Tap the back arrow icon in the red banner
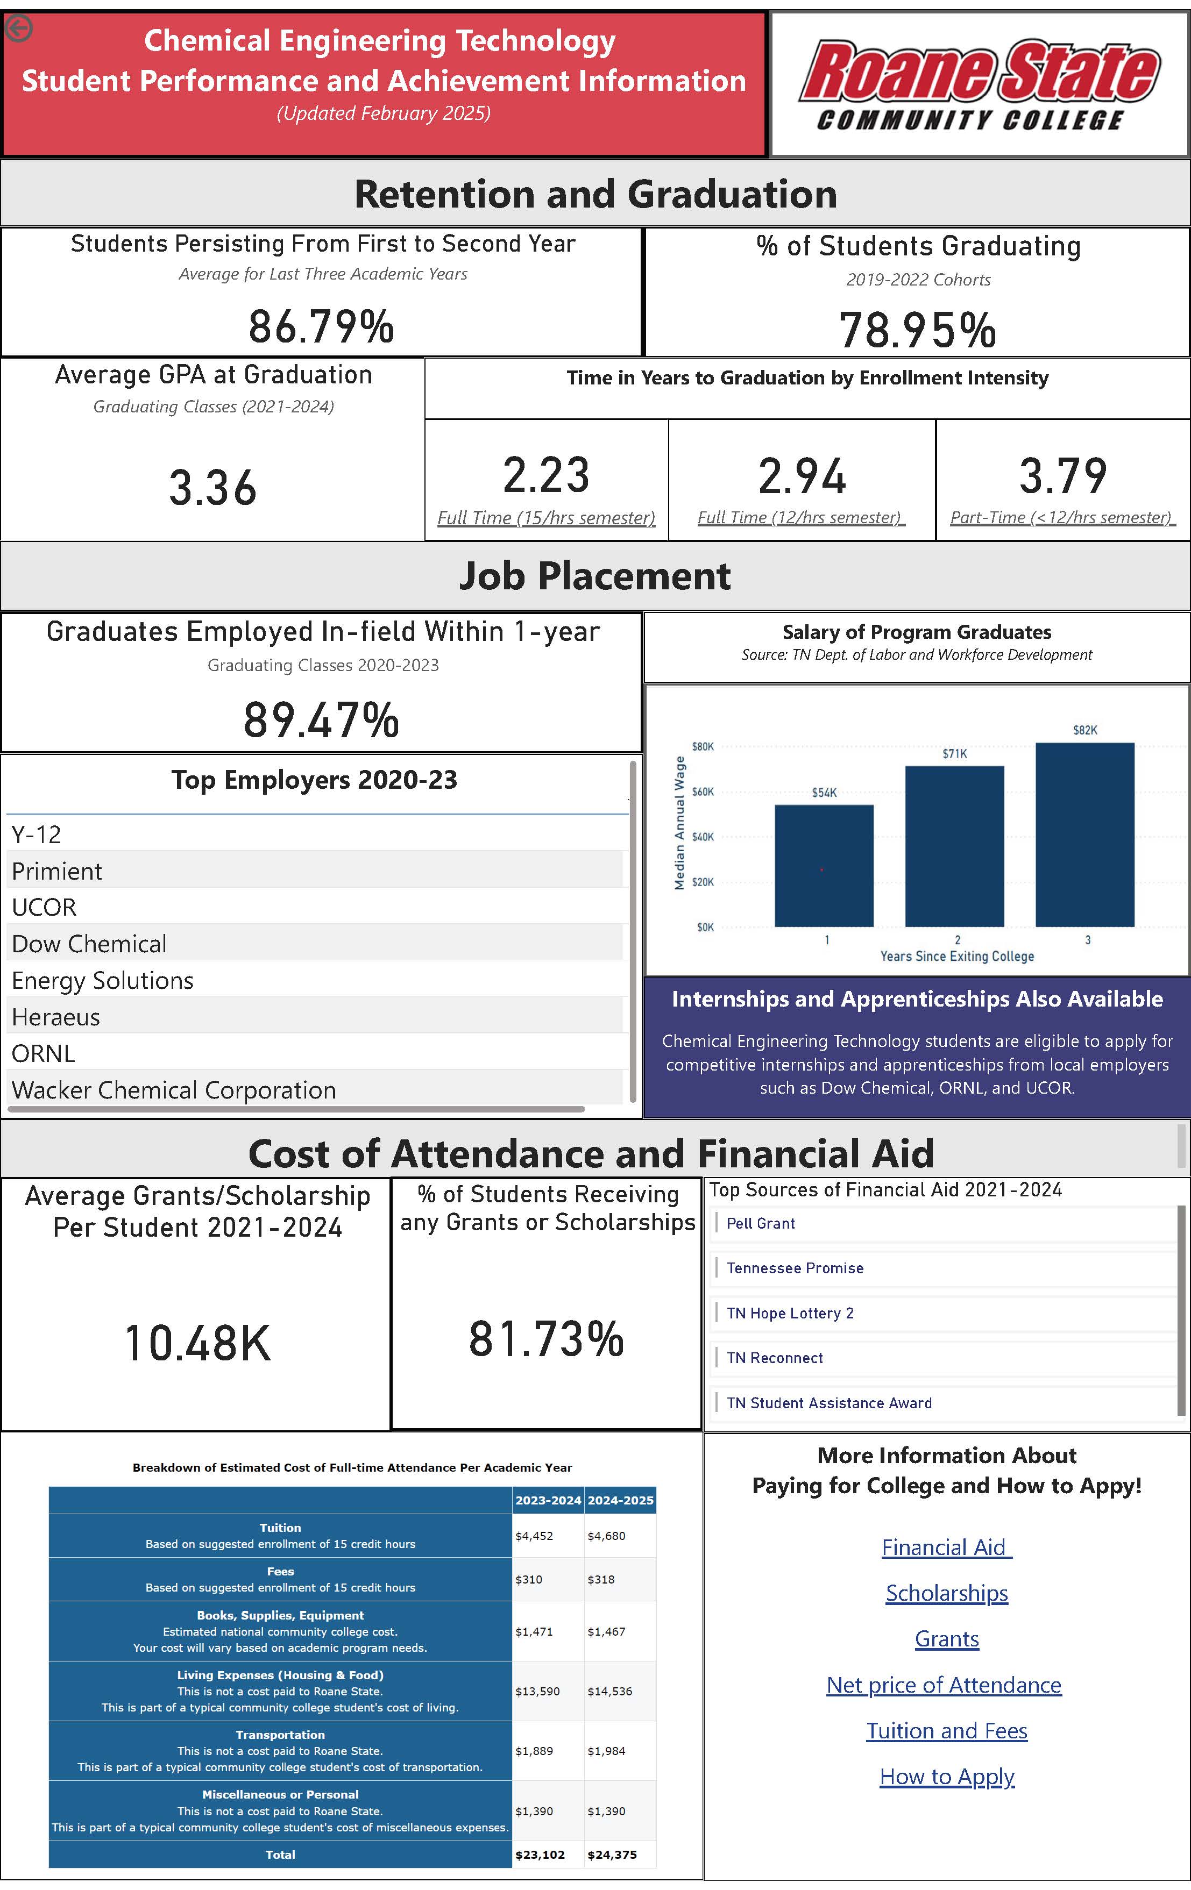pos(19,29)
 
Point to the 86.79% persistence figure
pos(321,326)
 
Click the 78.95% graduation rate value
pos(917,330)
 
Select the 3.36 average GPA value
pos(213,487)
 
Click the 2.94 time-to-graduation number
pos(802,476)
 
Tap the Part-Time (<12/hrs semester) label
pos(1061,517)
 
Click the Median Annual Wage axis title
pos(680,823)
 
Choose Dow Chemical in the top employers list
pos(89,944)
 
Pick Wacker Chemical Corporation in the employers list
pos(174,1090)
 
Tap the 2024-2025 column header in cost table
pos(620,1500)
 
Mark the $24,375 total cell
pos(612,1854)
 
